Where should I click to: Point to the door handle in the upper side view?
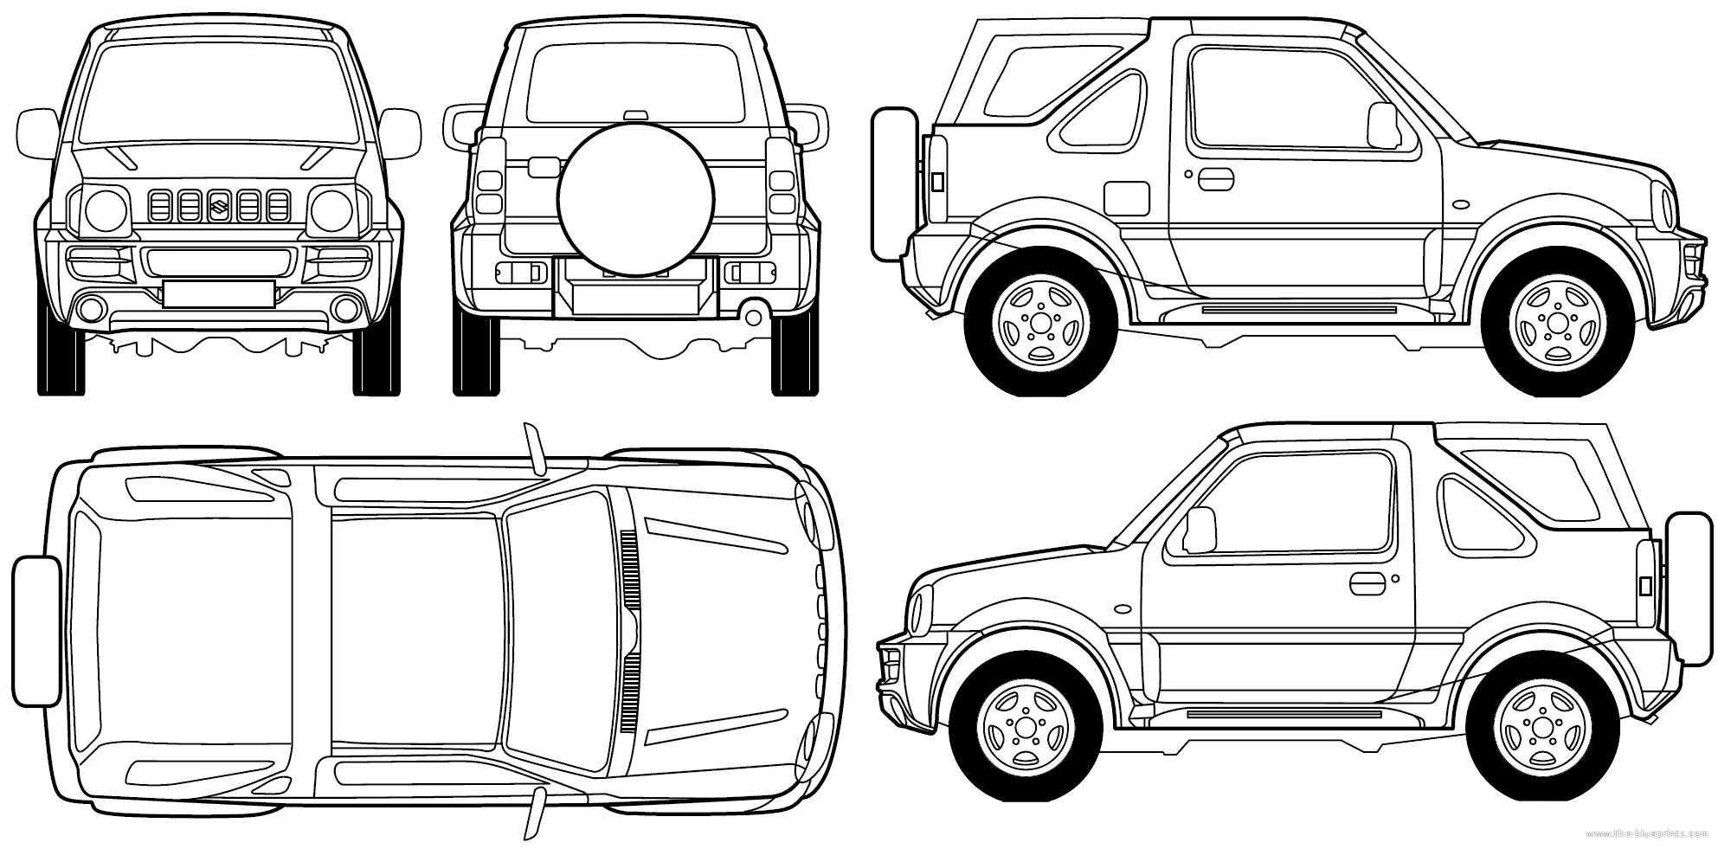click(1215, 177)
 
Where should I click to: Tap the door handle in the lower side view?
click(1368, 583)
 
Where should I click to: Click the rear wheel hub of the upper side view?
click(1036, 322)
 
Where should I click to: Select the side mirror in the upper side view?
click(1382, 125)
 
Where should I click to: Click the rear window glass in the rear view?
click(634, 82)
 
